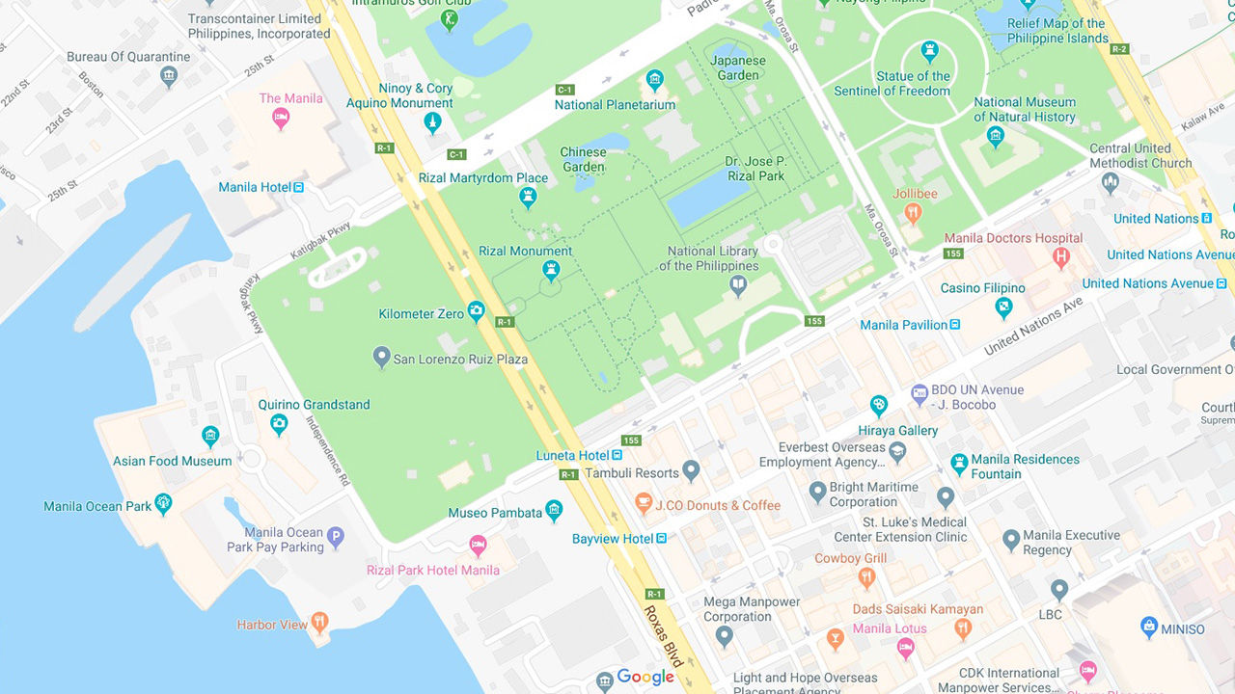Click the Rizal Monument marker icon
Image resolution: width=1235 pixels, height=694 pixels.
(x=551, y=271)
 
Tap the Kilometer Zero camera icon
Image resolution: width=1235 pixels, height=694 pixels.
(x=476, y=310)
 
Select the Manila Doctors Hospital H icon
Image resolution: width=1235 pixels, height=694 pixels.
(x=1061, y=257)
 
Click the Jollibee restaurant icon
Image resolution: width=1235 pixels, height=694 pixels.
(x=914, y=214)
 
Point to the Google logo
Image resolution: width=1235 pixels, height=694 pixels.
(x=645, y=678)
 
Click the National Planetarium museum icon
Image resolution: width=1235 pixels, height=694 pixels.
(x=655, y=80)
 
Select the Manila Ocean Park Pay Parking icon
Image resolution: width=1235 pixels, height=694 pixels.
(x=336, y=538)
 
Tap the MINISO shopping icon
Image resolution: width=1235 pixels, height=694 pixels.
(x=1149, y=627)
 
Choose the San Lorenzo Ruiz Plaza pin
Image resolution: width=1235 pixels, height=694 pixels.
(x=382, y=358)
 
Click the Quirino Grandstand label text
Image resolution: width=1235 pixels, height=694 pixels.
(x=314, y=405)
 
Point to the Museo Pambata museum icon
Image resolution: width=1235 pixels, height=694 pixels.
(x=554, y=511)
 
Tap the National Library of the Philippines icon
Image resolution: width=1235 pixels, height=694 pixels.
(x=738, y=284)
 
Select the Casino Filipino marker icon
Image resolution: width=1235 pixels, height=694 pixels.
(x=1004, y=307)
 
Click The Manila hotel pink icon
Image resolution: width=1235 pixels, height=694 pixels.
(x=281, y=119)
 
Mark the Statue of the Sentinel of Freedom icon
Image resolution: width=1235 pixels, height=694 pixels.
(x=929, y=51)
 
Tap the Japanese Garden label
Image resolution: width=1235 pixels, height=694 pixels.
(x=738, y=67)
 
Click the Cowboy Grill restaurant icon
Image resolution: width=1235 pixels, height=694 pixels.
(x=866, y=578)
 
